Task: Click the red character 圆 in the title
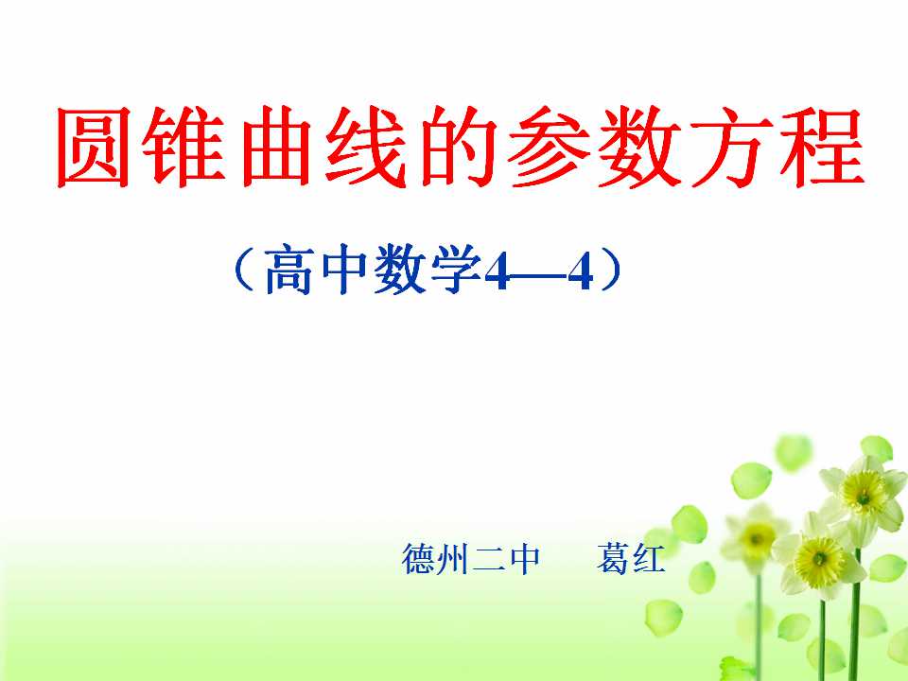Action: [94, 148]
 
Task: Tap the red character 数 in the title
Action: [640, 148]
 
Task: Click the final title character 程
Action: [822, 148]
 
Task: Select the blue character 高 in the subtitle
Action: [289, 270]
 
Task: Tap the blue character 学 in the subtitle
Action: [456, 270]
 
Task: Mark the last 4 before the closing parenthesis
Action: [580, 272]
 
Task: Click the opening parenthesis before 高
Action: [244, 270]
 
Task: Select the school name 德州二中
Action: [471, 559]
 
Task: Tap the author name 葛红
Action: [631, 559]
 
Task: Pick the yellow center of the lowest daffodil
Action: [819, 561]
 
